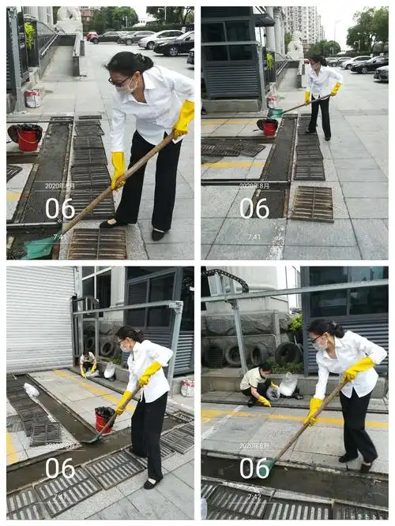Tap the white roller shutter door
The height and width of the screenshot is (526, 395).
point(39,319)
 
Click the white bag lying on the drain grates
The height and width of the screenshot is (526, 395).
point(32,390)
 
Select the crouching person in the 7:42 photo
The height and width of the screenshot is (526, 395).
point(257,384)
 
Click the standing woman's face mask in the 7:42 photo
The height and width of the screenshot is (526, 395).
point(320,344)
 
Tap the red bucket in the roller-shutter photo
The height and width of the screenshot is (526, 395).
point(103,420)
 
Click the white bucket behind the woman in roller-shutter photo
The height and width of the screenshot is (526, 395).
point(187,387)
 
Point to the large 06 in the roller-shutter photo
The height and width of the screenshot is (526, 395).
point(60,468)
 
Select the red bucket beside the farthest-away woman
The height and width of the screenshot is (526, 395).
point(269,127)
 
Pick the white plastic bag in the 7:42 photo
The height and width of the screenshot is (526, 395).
point(288,385)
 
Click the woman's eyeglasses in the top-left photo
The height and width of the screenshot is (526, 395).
point(121,80)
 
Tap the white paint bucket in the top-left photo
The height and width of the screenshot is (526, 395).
point(32,99)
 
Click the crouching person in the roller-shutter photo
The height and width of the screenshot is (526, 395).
point(88,363)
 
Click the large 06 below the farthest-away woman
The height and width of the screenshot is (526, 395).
point(254,207)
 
